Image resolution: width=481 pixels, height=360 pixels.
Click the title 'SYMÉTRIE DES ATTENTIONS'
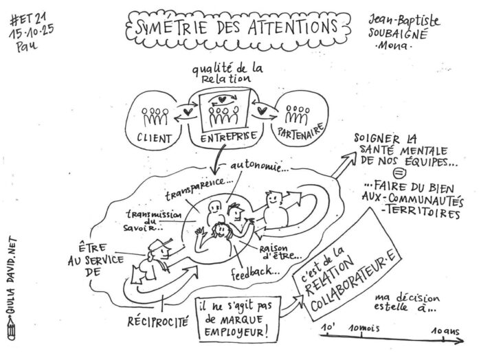(234, 28)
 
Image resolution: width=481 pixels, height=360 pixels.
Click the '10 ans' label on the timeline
(447, 330)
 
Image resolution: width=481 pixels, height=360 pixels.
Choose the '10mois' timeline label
(363, 330)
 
